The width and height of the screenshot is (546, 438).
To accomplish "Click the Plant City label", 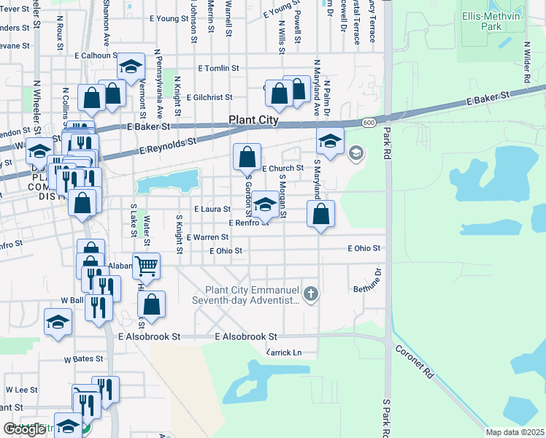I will [253, 120].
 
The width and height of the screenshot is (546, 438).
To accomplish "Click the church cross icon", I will [311, 294].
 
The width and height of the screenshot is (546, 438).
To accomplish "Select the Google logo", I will [24, 429].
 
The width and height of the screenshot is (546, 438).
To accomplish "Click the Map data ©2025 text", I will [515, 432].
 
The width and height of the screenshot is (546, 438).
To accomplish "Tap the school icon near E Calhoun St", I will [130, 69].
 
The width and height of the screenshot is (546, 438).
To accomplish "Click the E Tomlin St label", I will [218, 68].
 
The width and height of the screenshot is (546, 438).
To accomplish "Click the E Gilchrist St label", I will [209, 96].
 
